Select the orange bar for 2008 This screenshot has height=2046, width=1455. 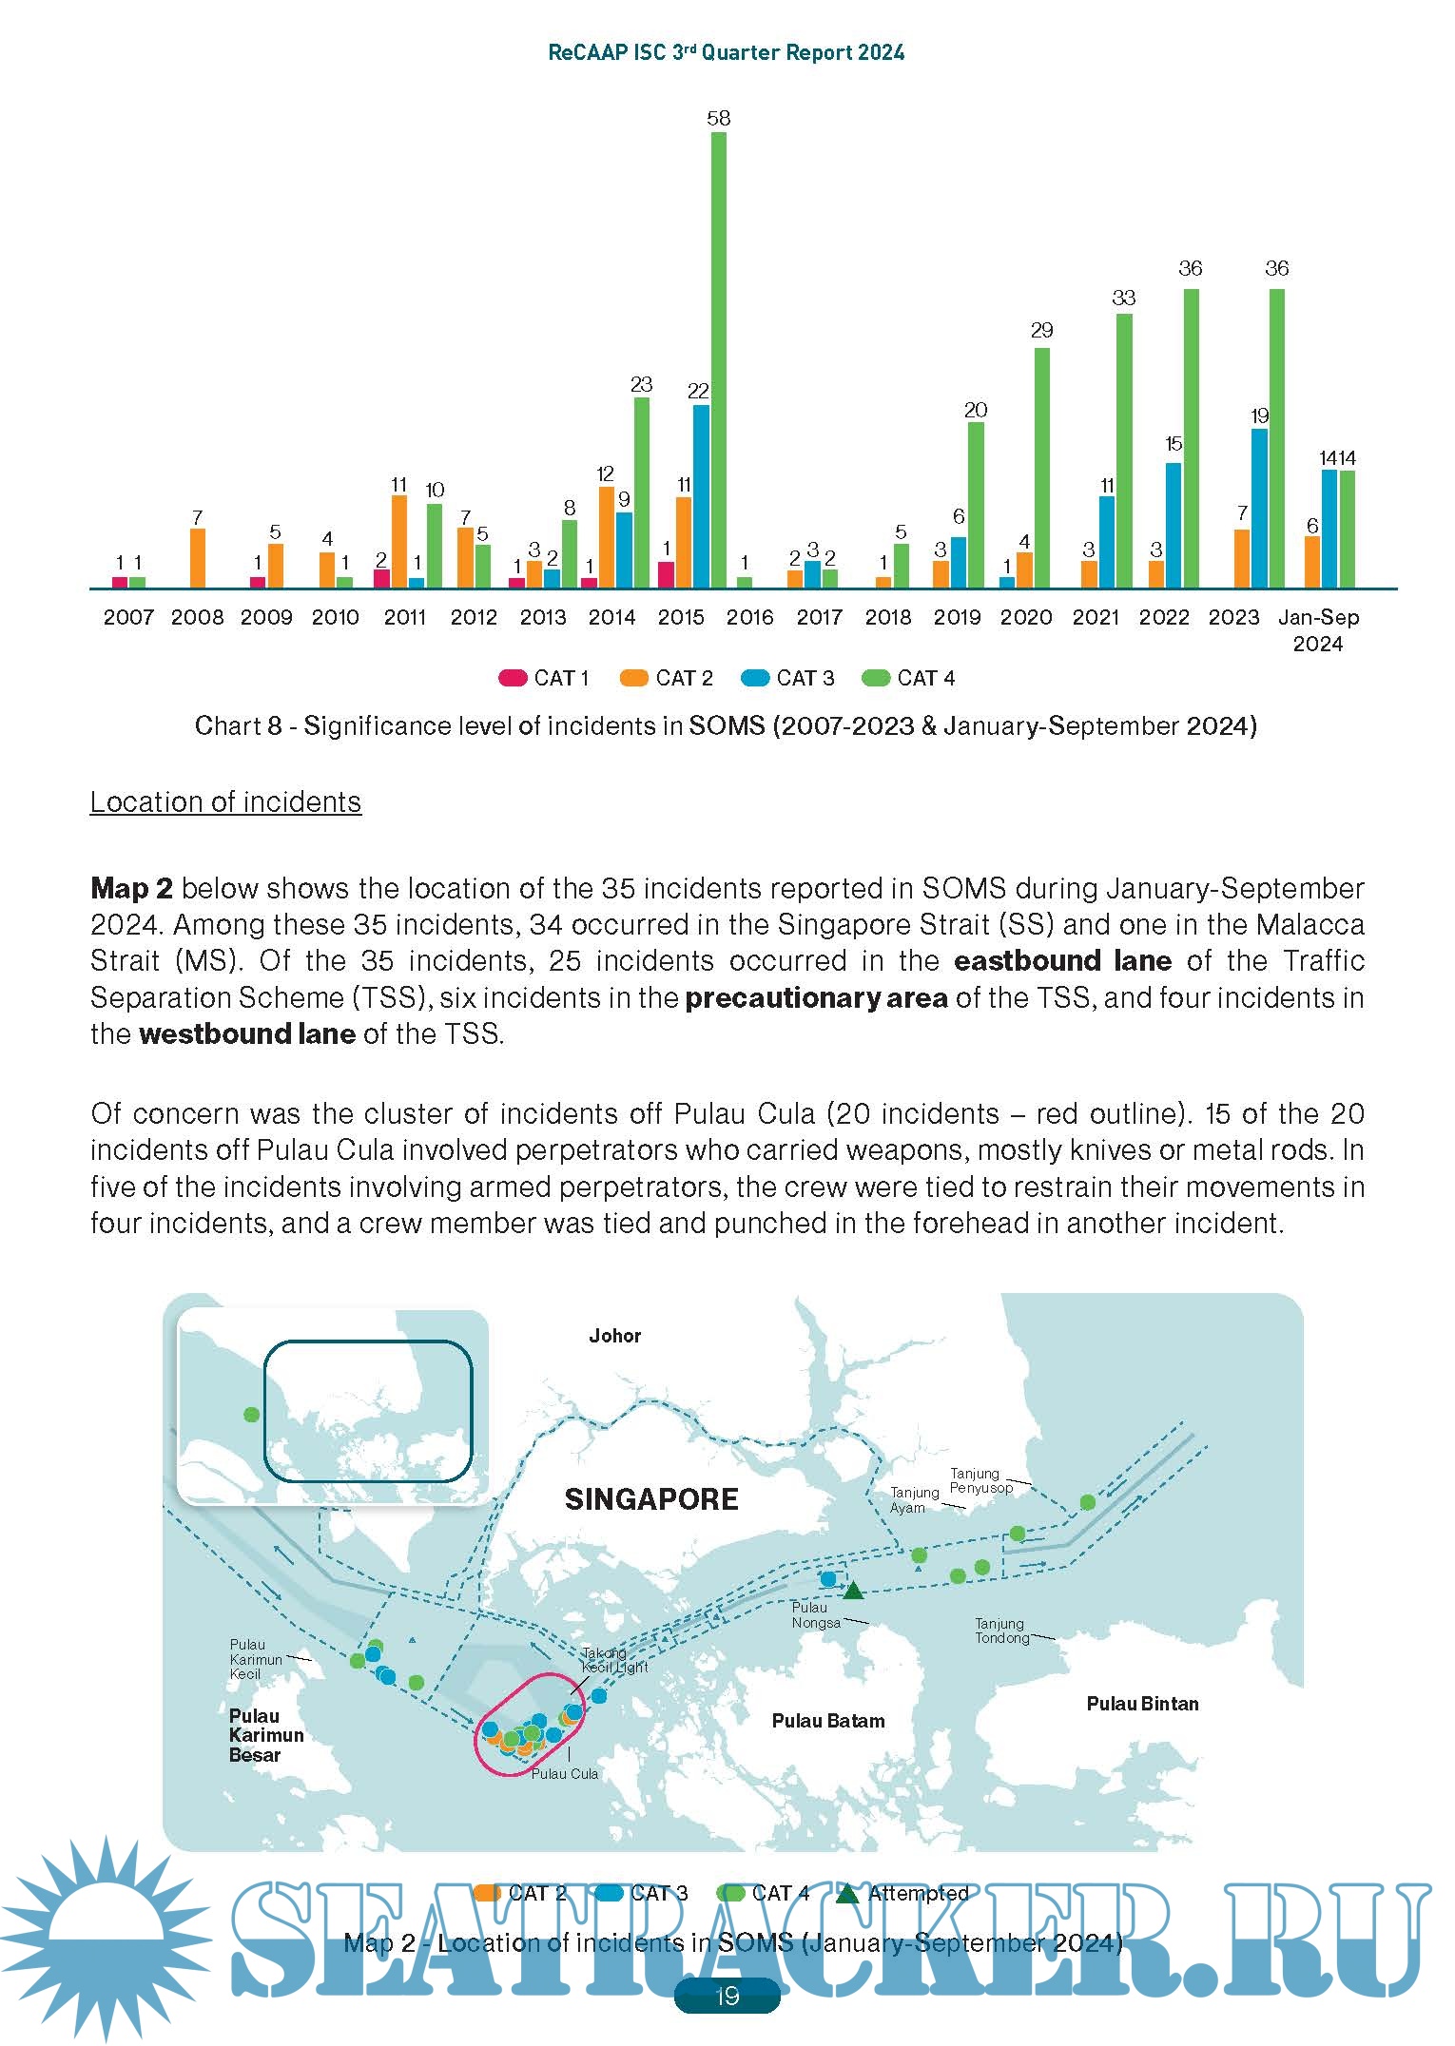(x=198, y=558)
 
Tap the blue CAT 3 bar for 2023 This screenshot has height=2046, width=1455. (x=1259, y=508)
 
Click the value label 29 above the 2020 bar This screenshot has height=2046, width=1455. (x=1041, y=330)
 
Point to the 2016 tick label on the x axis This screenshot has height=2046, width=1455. (x=749, y=617)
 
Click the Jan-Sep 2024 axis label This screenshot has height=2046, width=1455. (x=1318, y=629)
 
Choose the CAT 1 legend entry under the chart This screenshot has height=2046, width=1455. (x=544, y=678)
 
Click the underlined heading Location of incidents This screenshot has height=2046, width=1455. (x=225, y=801)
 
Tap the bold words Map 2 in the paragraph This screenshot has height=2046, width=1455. (x=131, y=888)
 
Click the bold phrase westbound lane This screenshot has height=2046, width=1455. (x=247, y=1033)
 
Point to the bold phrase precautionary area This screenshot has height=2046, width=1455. (x=816, y=997)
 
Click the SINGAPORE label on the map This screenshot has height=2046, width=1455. (x=651, y=1499)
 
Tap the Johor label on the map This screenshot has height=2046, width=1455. (x=614, y=1336)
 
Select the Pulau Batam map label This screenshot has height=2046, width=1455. (x=827, y=1720)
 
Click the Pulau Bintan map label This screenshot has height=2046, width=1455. (x=1142, y=1703)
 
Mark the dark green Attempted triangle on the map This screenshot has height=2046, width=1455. (x=853, y=1591)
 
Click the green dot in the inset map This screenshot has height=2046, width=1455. (x=251, y=1415)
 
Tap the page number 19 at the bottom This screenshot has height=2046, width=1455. (x=727, y=1996)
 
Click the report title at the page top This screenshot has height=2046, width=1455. (x=726, y=52)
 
